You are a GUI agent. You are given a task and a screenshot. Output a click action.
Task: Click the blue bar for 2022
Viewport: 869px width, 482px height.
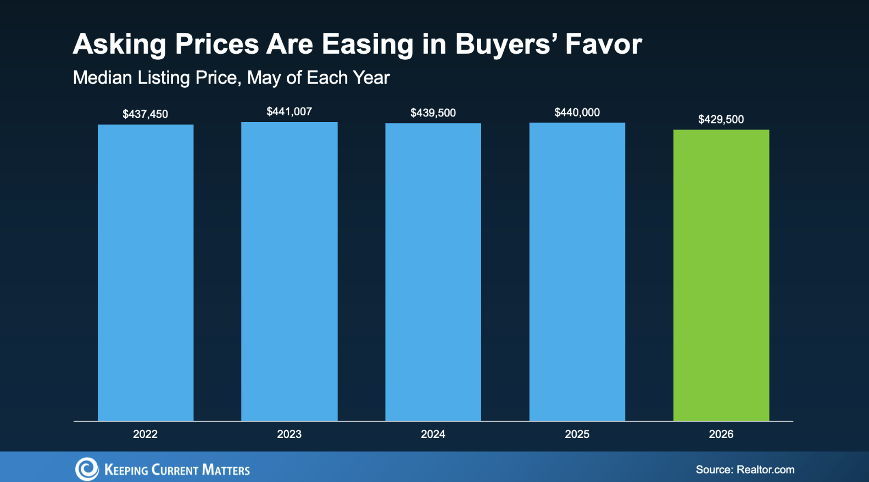[146, 273]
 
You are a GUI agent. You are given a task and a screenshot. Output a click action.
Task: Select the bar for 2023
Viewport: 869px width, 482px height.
[289, 271]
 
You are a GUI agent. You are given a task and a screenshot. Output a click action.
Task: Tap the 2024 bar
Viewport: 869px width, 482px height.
[433, 272]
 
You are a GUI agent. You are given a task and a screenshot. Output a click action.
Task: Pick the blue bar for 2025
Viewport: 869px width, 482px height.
[577, 272]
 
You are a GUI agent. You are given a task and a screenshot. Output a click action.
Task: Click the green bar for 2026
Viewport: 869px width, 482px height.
[721, 276]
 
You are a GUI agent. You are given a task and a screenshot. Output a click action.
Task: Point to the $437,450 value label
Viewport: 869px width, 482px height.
[146, 114]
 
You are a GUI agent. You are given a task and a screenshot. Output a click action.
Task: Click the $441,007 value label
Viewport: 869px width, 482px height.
[289, 111]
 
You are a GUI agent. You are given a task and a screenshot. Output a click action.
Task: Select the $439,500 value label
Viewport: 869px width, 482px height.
[433, 113]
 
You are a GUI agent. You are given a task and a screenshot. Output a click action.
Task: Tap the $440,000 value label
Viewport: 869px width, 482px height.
[577, 113]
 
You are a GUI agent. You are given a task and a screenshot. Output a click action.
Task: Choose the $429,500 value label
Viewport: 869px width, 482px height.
[721, 119]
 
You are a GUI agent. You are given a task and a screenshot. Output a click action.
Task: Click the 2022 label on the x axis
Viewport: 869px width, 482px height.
[146, 434]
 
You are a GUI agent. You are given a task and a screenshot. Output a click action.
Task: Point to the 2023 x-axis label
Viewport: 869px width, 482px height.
[289, 434]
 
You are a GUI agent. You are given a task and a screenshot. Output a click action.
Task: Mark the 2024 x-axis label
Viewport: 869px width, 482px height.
[433, 434]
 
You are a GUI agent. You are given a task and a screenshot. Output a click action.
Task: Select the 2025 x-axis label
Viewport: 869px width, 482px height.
[577, 434]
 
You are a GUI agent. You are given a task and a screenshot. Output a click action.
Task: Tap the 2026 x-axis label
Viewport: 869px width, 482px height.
[721, 434]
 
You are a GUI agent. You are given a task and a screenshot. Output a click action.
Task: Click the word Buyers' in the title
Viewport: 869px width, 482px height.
[506, 45]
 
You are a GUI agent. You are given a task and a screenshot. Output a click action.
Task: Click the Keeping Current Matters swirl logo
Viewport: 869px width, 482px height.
[87, 469]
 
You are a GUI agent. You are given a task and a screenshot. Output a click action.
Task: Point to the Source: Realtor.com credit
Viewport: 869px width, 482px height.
[745, 469]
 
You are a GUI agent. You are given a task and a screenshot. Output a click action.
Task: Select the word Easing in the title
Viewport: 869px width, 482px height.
[367, 46]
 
